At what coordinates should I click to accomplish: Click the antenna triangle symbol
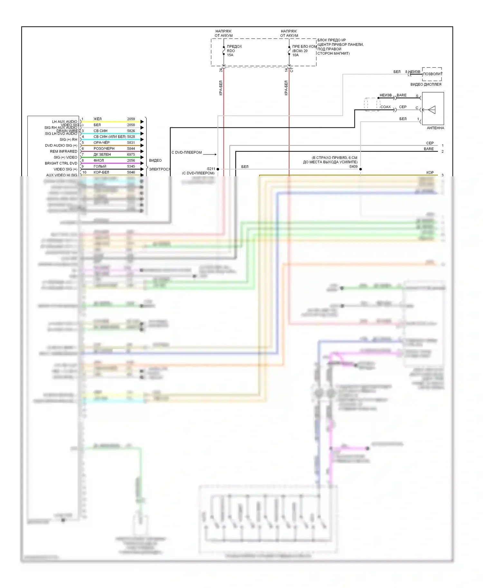coord(432,110)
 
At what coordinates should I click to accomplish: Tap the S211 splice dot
coord(218,169)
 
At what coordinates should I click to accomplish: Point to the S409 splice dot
coord(361,169)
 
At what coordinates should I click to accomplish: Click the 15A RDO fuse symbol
coord(224,51)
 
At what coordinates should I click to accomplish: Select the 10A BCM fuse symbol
coord(289,51)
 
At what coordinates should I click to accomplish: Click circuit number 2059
coord(131,119)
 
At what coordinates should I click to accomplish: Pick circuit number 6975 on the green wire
coord(131,154)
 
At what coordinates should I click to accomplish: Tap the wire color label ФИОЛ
coord(99,161)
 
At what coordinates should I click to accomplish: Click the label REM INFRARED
coord(63,152)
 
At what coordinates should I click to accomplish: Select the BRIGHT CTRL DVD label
coord(61,163)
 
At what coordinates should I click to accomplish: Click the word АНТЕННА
coord(435,128)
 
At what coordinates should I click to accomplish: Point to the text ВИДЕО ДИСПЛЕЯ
coord(426,85)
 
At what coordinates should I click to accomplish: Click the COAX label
coord(385,107)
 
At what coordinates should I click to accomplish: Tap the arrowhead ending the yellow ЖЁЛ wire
coord(142,122)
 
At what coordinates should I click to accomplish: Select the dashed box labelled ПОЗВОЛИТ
coord(432,74)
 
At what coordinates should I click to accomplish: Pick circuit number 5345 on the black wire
coord(131,166)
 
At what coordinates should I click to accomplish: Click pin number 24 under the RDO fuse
coord(221,70)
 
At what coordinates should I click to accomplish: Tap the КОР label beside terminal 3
coord(430,173)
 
